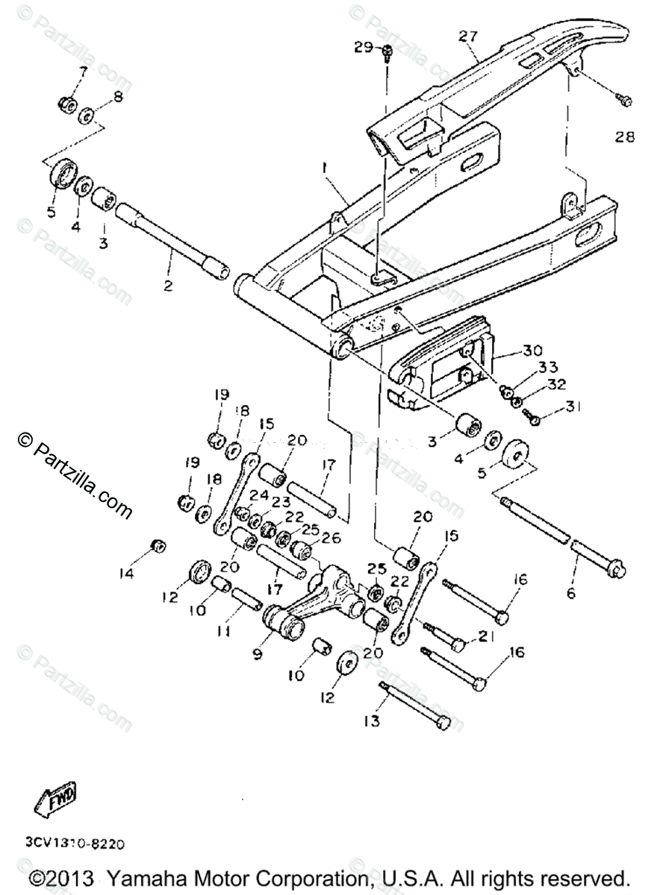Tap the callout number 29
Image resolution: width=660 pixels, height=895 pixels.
tap(364, 48)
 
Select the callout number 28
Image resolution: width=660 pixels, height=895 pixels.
tap(624, 136)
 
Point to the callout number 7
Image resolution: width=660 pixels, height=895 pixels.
tap(82, 72)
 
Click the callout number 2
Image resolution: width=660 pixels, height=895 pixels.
tap(169, 285)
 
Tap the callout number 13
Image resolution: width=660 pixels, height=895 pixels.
tap(372, 721)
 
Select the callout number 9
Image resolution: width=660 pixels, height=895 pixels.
tap(258, 654)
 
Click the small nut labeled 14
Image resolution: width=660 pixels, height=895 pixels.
tap(158, 545)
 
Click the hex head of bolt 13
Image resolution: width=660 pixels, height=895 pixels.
tap(443, 723)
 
